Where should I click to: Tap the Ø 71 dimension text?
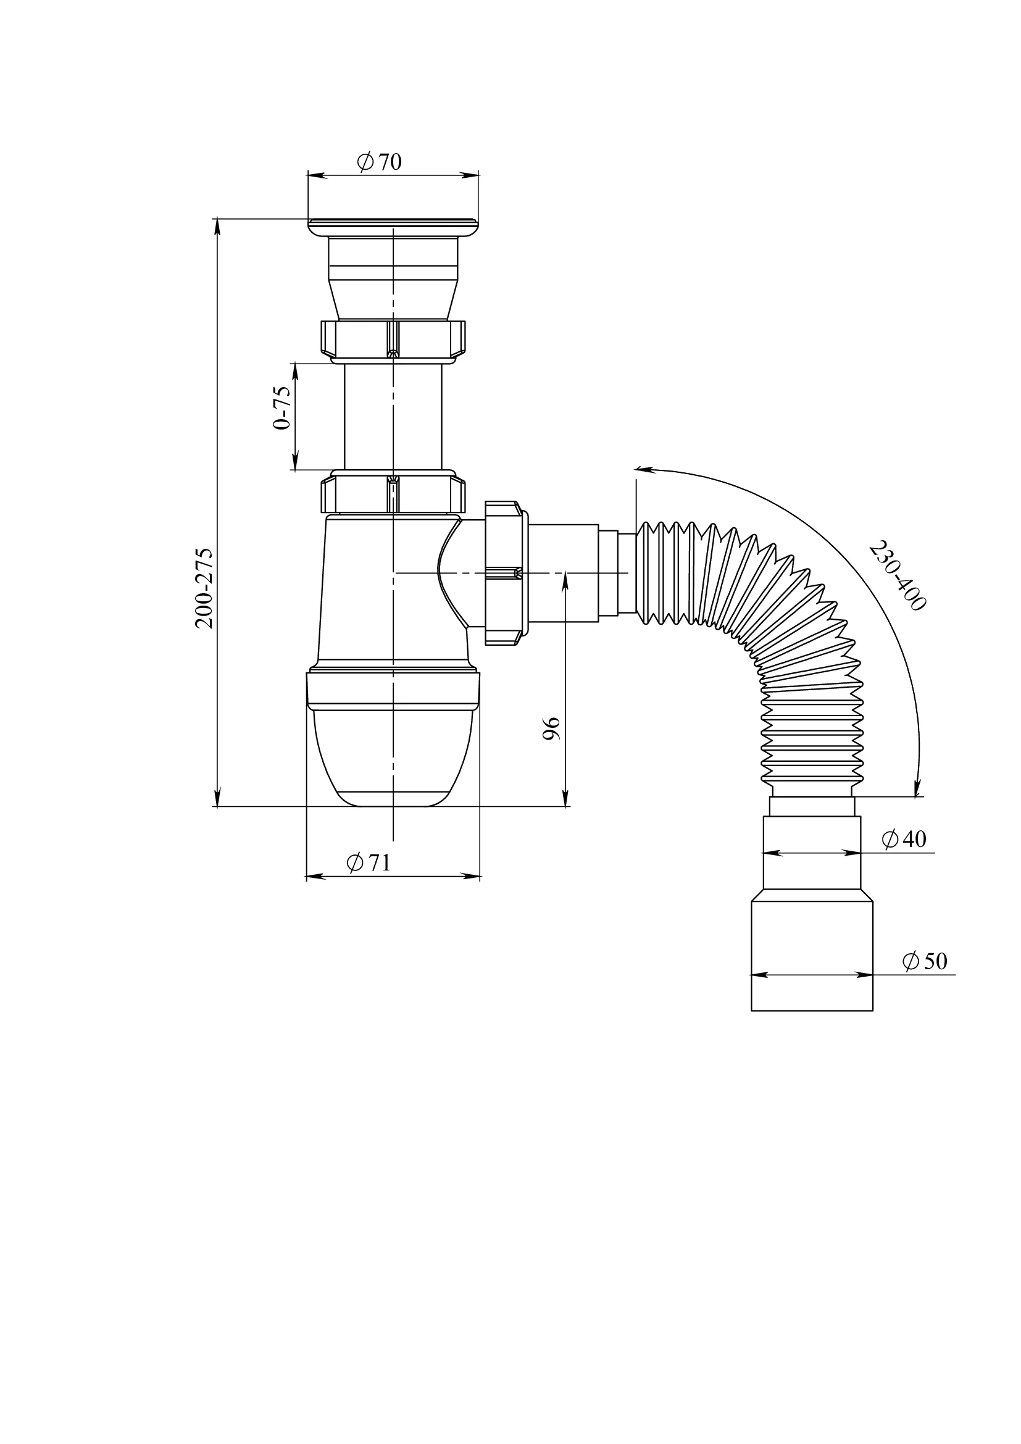[369, 862]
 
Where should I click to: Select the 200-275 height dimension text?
[204, 588]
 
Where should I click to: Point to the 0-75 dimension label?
[282, 407]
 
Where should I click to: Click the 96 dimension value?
[551, 728]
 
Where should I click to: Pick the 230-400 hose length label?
[897, 575]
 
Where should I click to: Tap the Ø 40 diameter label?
[904, 839]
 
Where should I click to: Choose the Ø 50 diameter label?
[925, 961]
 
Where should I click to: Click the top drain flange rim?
[393, 227]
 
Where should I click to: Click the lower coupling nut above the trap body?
[393, 494]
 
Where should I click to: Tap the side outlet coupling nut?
[507, 573]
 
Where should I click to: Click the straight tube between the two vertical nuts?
[393, 417]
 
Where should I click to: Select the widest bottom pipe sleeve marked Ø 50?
[812, 956]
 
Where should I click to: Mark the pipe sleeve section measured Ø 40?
[812, 853]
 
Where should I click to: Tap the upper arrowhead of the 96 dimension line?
[565, 581]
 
